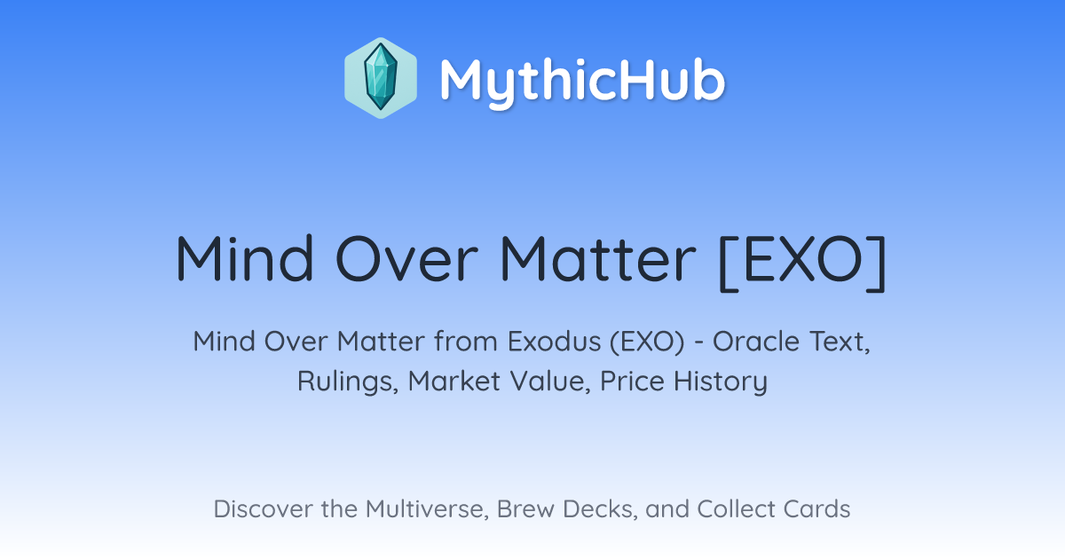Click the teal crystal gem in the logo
point(381,77)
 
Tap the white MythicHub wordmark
point(582,82)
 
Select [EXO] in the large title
point(802,262)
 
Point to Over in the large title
point(406,258)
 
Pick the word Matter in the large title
point(597,258)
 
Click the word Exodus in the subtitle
point(554,342)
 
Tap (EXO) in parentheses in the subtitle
point(647,342)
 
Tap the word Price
point(632,381)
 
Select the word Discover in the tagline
point(262,508)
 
